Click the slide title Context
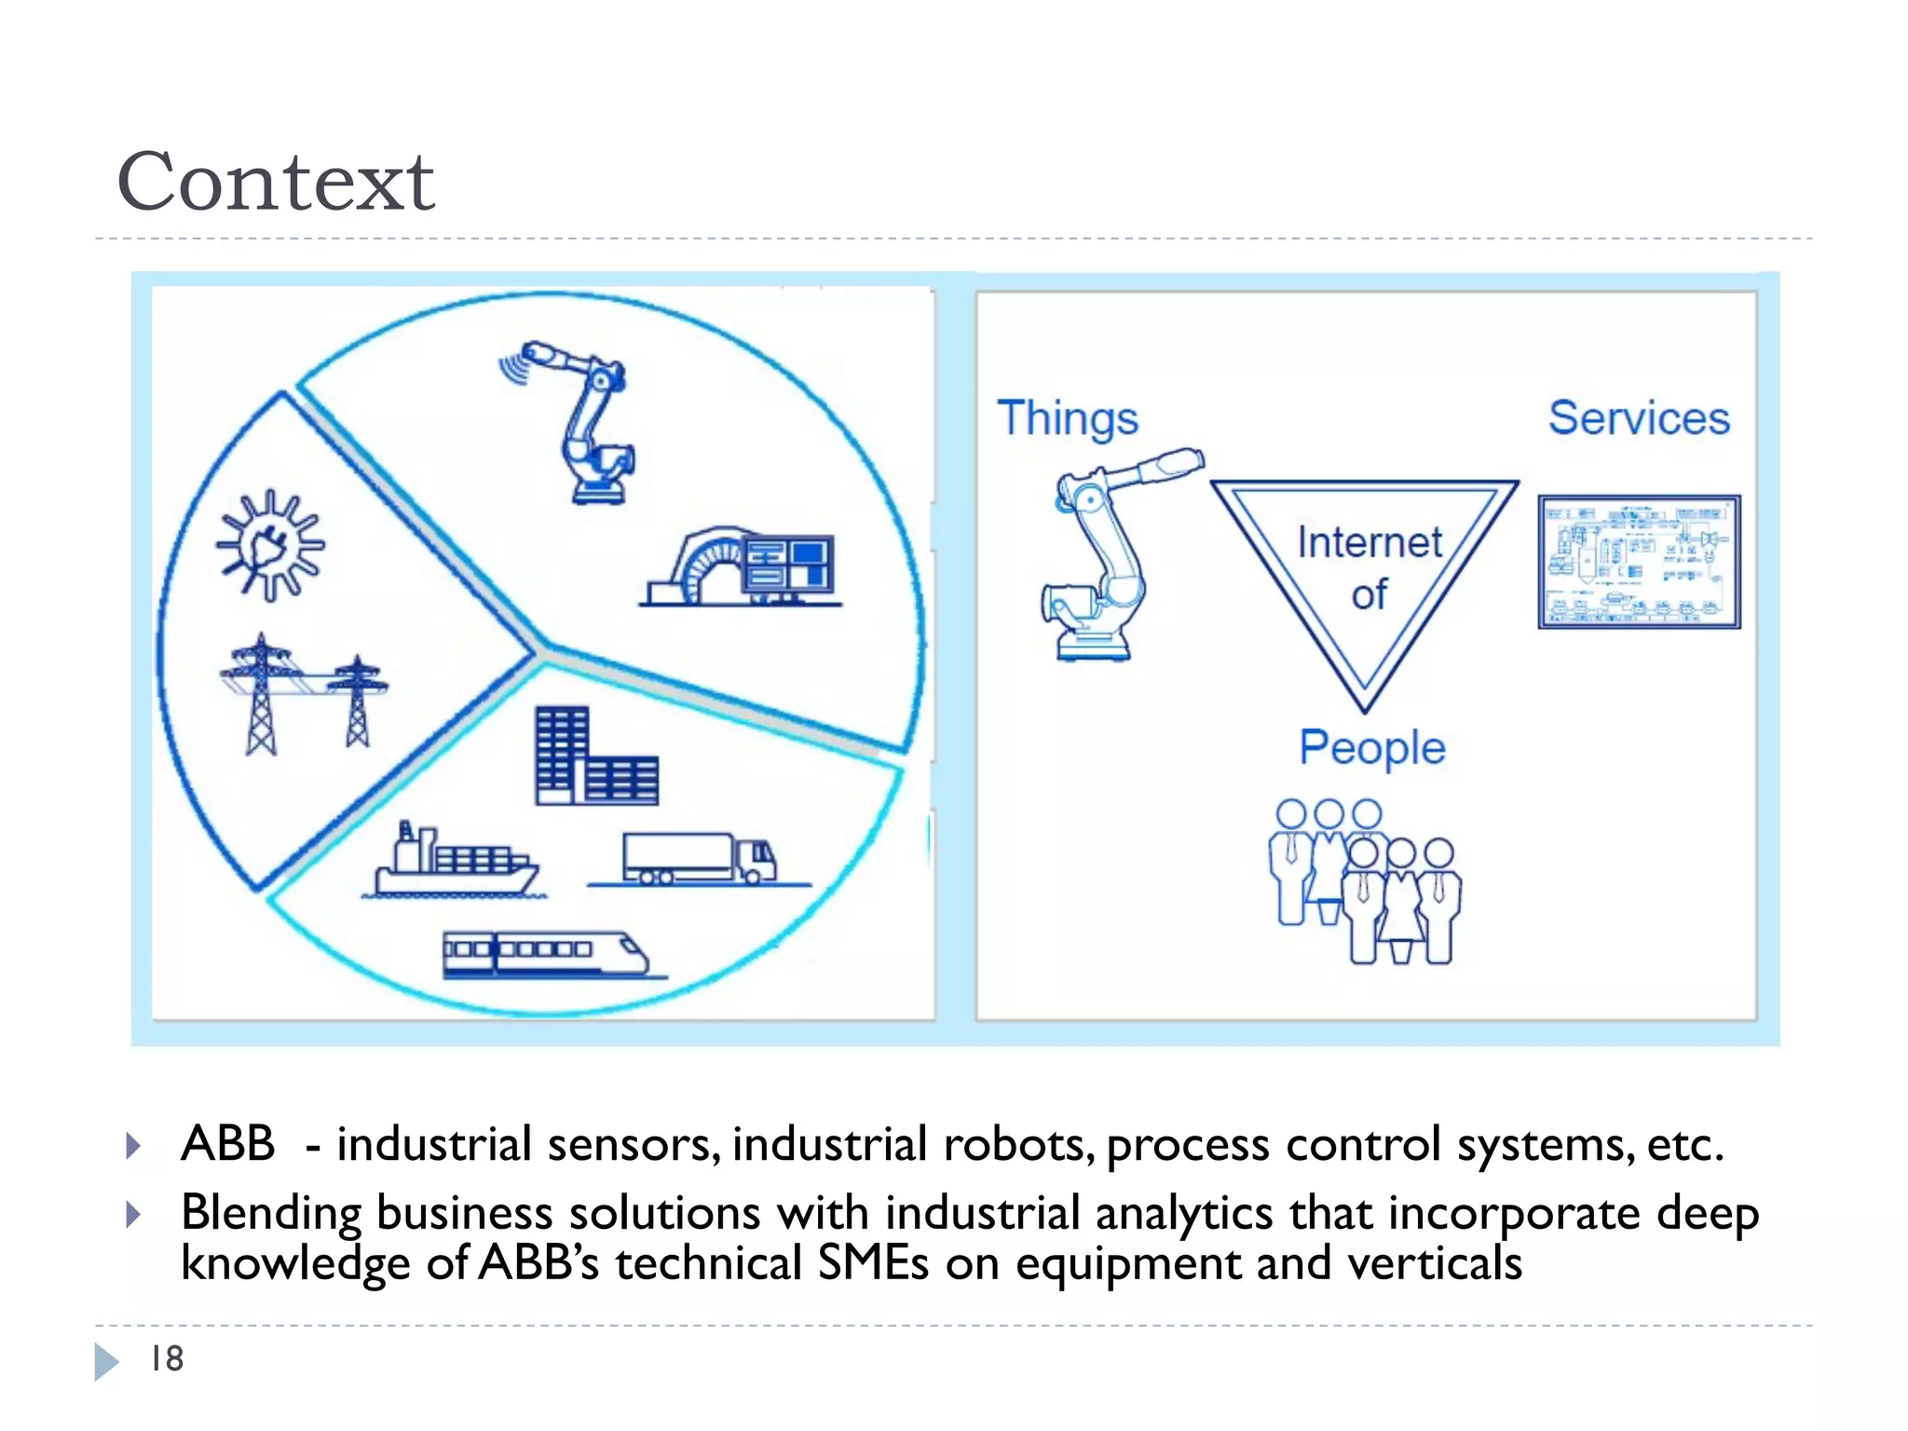(x=276, y=183)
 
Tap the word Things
(x=1068, y=418)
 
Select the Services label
(x=1639, y=418)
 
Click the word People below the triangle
(x=1372, y=748)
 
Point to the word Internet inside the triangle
(x=1370, y=543)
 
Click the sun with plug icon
(x=270, y=546)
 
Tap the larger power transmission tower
(x=262, y=694)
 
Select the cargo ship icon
(x=454, y=862)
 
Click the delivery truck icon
(x=699, y=858)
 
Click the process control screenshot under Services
(x=1639, y=562)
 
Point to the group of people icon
(x=1364, y=880)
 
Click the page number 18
(x=168, y=1359)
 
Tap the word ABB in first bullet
(x=228, y=1143)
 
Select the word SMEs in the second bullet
(x=872, y=1264)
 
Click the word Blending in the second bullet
(x=270, y=1213)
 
